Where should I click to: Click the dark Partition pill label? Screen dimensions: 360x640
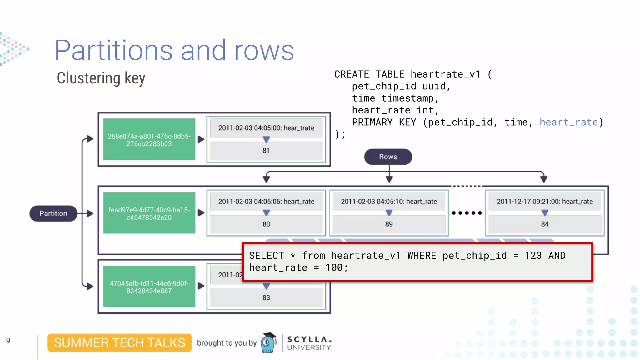(x=53, y=213)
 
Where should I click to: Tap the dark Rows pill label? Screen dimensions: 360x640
(x=388, y=157)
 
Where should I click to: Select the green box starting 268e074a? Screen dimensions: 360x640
(x=149, y=140)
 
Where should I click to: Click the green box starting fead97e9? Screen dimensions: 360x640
(x=149, y=213)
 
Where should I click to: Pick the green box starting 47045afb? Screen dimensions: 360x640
(x=149, y=287)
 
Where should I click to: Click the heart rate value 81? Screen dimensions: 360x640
(x=266, y=151)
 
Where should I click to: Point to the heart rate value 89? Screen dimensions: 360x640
(x=389, y=224)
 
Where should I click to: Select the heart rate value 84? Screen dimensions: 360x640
(x=544, y=224)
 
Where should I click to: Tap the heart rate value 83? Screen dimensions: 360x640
(x=266, y=297)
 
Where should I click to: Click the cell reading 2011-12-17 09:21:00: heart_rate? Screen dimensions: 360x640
(x=544, y=202)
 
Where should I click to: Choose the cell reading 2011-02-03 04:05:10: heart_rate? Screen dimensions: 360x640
(x=389, y=202)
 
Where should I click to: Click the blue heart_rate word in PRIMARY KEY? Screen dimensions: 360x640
(x=568, y=122)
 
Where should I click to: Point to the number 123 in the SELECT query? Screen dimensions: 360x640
(x=533, y=256)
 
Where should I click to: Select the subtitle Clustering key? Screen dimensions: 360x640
(x=101, y=78)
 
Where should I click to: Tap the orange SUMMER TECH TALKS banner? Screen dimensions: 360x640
(x=119, y=343)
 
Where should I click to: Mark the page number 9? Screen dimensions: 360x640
(x=8, y=341)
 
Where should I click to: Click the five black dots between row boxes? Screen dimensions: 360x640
(x=467, y=213)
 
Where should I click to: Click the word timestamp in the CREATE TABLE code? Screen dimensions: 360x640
(x=407, y=98)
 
